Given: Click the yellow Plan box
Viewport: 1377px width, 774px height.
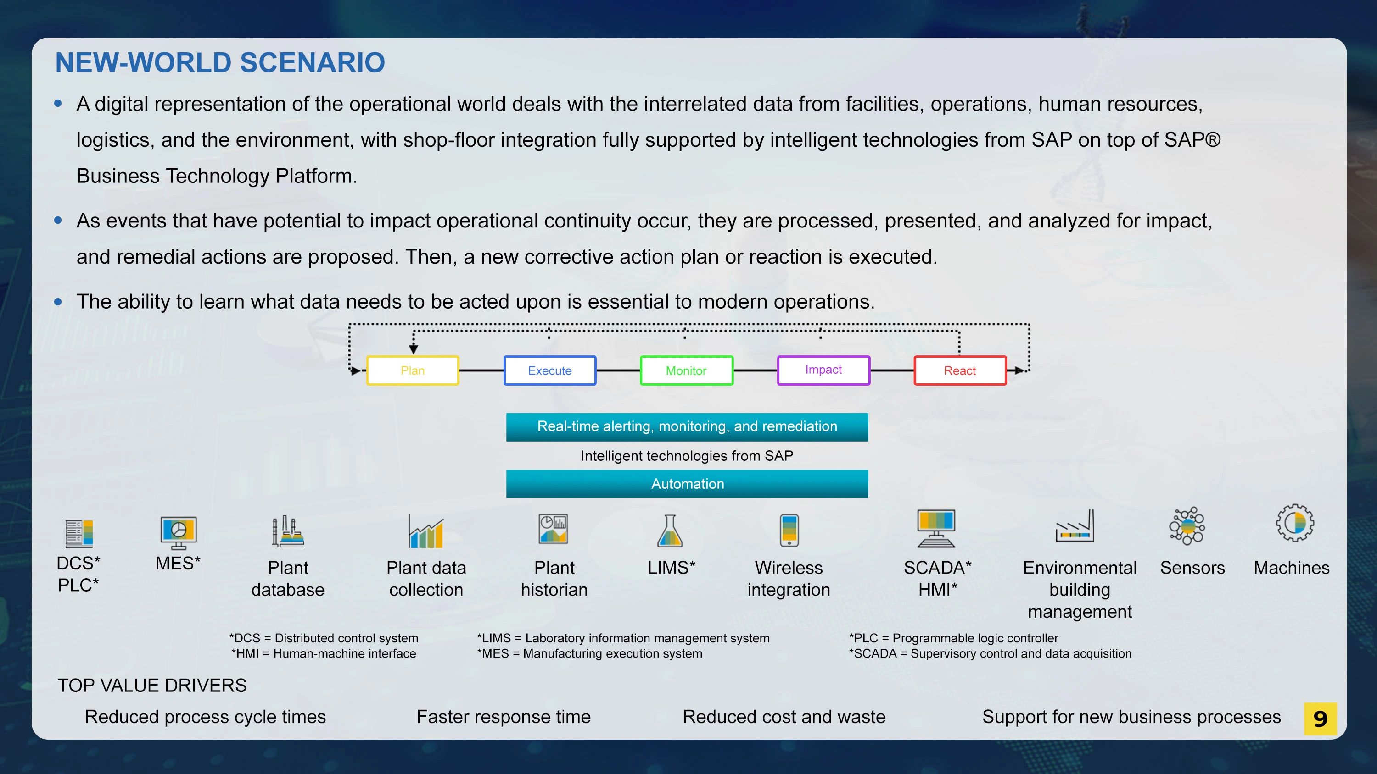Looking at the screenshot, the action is pyautogui.click(x=413, y=370).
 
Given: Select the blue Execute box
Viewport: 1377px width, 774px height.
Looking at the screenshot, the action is pyautogui.click(x=549, y=370).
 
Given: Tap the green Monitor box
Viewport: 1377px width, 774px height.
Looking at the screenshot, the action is pyautogui.click(x=686, y=370).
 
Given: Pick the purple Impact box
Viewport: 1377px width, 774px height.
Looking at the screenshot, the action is pyautogui.click(x=823, y=370).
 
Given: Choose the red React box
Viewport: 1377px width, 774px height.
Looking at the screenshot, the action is pyautogui.click(x=960, y=370).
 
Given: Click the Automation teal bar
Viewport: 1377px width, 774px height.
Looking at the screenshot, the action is pyautogui.click(x=687, y=483).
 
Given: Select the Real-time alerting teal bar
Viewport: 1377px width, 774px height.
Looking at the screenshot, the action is pyautogui.click(x=687, y=427).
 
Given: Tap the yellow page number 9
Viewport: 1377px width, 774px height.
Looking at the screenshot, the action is pyautogui.click(x=1320, y=719).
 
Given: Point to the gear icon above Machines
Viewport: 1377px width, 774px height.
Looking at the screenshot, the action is pyautogui.click(x=1295, y=523).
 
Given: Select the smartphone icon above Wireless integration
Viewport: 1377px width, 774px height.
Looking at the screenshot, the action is pyautogui.click(x=789, y=530).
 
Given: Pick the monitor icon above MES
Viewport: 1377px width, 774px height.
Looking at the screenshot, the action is pyautogui.click(x=179, y=532).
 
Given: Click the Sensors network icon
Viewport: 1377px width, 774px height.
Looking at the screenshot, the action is pyautogui.click(x=1187, y=526).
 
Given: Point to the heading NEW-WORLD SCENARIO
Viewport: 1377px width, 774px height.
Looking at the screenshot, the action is pyautogui.click(x=220, y=62).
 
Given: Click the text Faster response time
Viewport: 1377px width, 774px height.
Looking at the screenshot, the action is pyautogui.click(x=504, y=716).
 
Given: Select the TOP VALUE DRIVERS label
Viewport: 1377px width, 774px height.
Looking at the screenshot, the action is pyautogui.click(x=152, y=686).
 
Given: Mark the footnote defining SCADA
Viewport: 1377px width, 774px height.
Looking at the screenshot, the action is pyautogui.click(x=990, y=653).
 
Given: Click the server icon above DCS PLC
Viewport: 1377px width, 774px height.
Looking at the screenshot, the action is pyautogui.click(x=79, y=534).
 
